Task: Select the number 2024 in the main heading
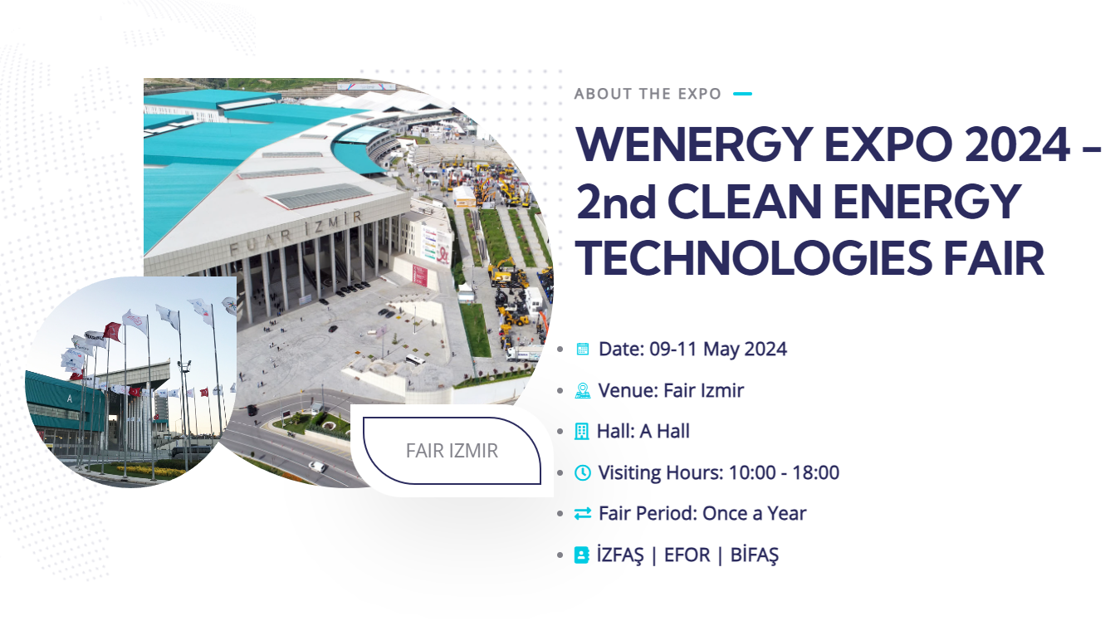[x=1017, y=144]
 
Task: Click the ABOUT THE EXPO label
[x=648, y=94]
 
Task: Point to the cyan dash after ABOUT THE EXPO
[x=742, y=94]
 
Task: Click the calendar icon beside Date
[x=583, y=349]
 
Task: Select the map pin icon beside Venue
[x=583, y=390]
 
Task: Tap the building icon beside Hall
[x=581, y=432]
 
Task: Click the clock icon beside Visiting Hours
[x=583, y=472]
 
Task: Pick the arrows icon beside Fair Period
[x=583, y=514]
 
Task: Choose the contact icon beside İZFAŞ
[x=581, y=555]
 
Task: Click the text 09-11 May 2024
[x=718, y=349]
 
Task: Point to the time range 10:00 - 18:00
[x=784, y=472]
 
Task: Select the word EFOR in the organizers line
[x=687, y=555]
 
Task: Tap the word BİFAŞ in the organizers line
[x=755, y=555]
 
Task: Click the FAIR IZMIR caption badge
[x=452, y=451]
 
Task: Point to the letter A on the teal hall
[x=70, y=399]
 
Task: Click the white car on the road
[x=317, y=467]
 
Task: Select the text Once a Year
[x=755, y=514]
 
